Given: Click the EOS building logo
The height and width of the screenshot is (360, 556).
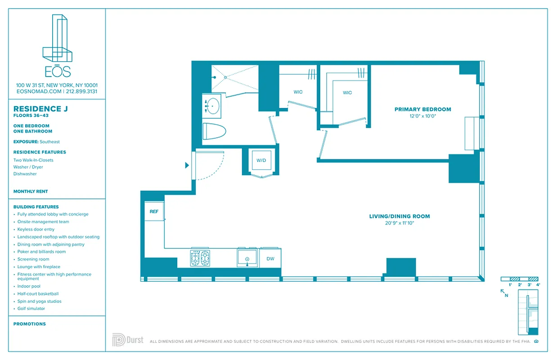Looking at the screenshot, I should pyautogui.click(x=57, y=45).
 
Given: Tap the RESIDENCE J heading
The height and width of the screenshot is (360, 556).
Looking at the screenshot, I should pyautogui.click(x=37, y=109).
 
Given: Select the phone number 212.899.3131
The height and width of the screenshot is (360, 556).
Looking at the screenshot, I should pyautogui.click(x=81, y=91).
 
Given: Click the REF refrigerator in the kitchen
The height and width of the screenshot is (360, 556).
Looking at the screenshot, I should pyautogui.click(x=154, y=211).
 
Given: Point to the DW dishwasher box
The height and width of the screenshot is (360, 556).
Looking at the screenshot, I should pyautogui.click(x=270, y=259).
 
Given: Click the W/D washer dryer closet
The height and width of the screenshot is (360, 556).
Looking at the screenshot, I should pyautogui.click(x=261, y=161).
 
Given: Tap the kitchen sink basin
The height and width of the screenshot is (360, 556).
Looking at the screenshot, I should pyautogui.click(x=247, y=259).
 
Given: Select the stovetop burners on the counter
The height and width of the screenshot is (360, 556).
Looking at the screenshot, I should pyautogui.click(x=200, y=258).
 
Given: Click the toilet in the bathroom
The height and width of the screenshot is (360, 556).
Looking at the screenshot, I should pyautogui.click(x=214, y=131).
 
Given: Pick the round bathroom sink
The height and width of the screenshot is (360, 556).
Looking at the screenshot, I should pyautogui.click(x=212, y=107).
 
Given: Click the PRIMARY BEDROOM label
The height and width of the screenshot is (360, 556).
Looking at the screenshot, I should pyautogui.click(x=422, y=109).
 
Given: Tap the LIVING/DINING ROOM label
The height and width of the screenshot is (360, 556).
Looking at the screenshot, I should pyautogui.click(x=399, y=216).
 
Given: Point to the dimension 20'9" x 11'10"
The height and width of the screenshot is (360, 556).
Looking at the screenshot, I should pyautogui.click(x=399, y=223).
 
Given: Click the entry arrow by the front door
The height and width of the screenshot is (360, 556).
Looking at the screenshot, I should pyautogui.click(x=187, y=166).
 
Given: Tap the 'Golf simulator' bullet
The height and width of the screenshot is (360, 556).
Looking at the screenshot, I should pyautogui.click(x=31, y=309).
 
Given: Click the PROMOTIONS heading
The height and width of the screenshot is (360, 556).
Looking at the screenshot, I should pyautogui.click(x=30, y=324).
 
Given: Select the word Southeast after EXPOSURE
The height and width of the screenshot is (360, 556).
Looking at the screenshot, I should pyautogui.click(x=49, y=142).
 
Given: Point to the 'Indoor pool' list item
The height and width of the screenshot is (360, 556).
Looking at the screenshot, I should pyautogui.click(x=29, y=286).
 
